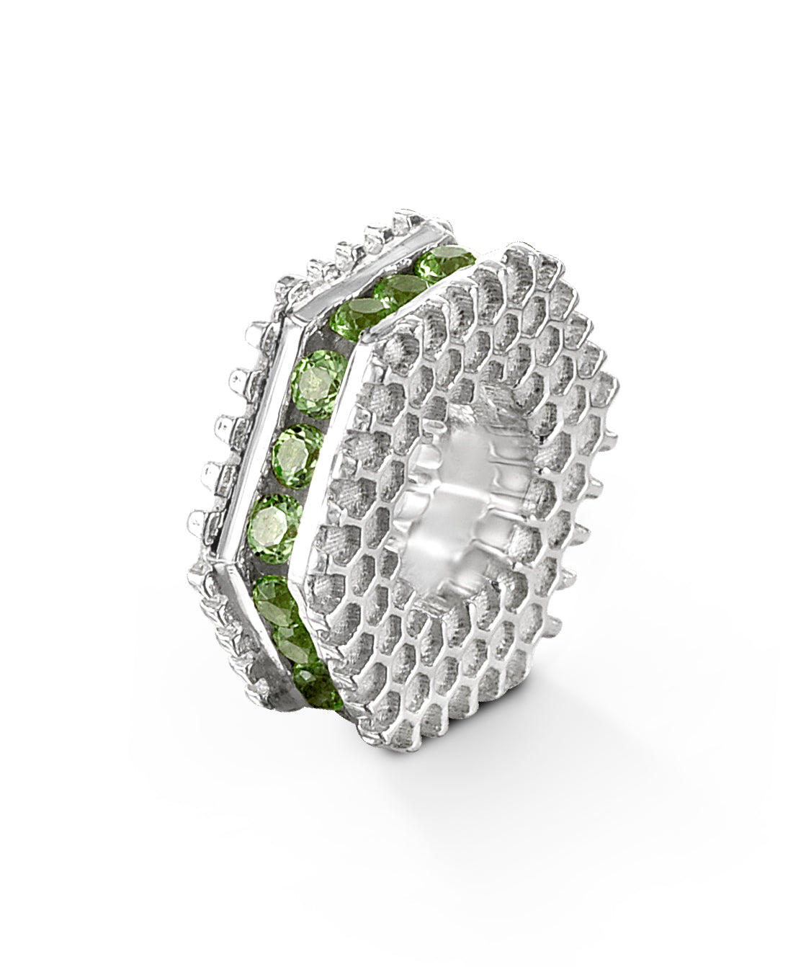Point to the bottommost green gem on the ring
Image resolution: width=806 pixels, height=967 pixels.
pyautogui.click(x=315, y=680)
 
